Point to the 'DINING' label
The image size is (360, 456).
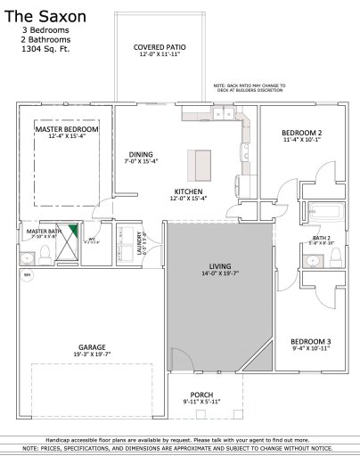[x=141, y=153]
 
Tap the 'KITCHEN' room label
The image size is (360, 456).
[x=189, y=191]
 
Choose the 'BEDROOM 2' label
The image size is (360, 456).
[x=302, y=133]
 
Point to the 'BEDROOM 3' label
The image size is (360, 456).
[x=310, y=342]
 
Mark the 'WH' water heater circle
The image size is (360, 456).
[x=26, y=274]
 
